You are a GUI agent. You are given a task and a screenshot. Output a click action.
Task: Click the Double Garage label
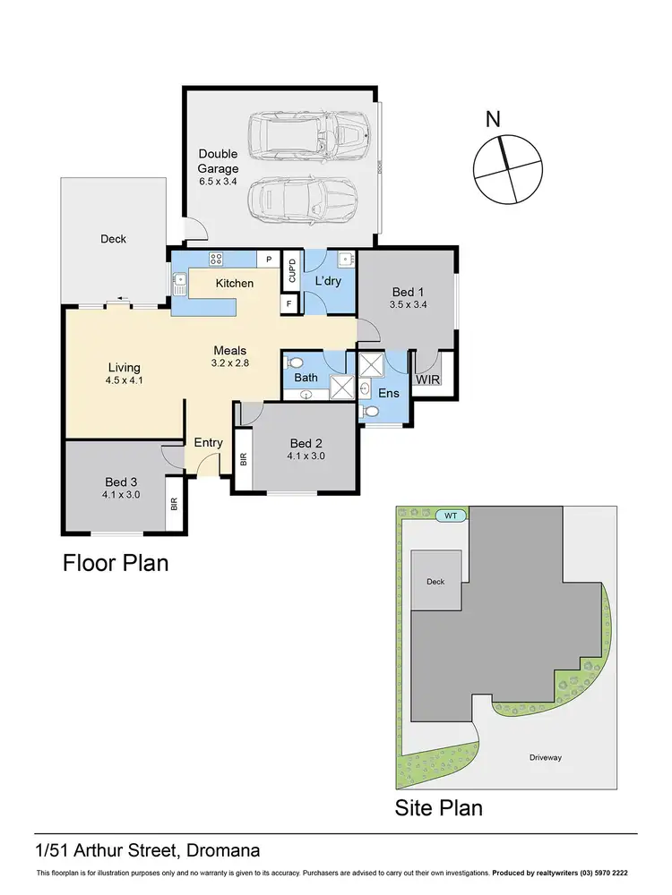[219, 161]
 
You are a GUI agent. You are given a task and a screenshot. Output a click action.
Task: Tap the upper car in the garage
[307, 137]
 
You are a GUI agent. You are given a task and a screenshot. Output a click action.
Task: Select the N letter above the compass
[492, 120]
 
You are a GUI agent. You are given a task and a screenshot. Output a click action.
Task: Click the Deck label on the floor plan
[114, 239]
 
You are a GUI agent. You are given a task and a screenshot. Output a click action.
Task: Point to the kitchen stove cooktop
[216, 260]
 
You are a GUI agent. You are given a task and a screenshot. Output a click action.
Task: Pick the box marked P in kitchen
[268, 260]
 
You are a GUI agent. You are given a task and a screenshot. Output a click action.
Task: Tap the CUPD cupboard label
[292, 270]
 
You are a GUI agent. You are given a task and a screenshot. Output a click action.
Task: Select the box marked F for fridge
[289, 304]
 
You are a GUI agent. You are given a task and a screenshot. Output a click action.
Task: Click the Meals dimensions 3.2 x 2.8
[229, 364]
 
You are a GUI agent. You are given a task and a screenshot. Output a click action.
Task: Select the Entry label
[209, 443]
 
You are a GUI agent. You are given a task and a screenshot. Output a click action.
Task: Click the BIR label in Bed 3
[174, 505]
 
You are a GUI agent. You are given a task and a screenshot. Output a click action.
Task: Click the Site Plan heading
[439, 808]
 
